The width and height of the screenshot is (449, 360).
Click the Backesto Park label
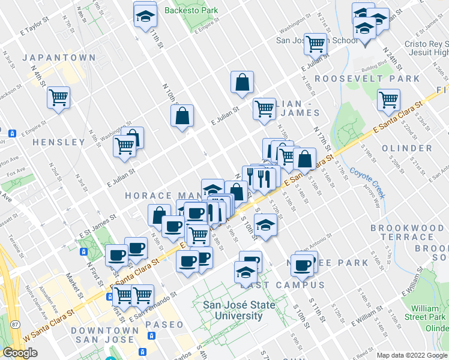pyautogui.click(x=182, y=10)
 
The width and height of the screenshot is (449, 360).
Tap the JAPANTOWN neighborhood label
pyautogui.click(x=59, y=58)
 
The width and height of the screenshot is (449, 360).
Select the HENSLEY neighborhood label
pyautogui.click(x=59, y=142)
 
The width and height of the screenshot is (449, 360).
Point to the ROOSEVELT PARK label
pyautogui.click(x=367, y=79)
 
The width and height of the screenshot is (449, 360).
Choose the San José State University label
pyautogui.click(x=239, y=310)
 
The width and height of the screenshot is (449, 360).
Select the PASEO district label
pyautogui.click(x=164, y=325)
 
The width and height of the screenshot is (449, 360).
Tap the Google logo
pyautogui.click(x=20, y=352)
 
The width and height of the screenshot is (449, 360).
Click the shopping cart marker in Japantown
pyautogui.click(x=58, y=97)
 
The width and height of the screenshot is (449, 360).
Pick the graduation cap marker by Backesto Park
pyautogui.click(x=144, y=19)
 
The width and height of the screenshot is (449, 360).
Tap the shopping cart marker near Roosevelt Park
pyautogui.click(x=388, y=99)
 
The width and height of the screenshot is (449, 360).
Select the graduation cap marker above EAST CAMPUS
pyautogui.click(x=244, y=272)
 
